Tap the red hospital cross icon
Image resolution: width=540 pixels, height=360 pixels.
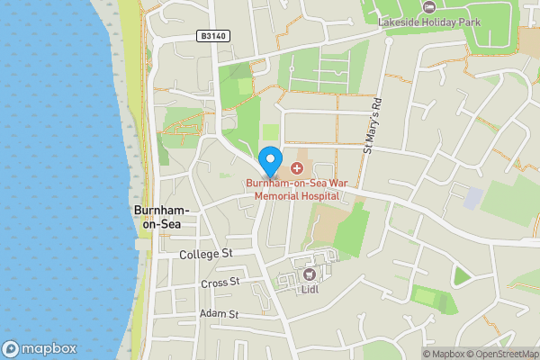click(296, 168)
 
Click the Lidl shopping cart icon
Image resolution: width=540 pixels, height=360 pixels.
click(310, 274)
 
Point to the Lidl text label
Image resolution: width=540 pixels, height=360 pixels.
click(310, 290)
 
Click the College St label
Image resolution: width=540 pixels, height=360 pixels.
click(206, 255)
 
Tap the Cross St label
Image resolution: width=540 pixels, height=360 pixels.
click(220, 283)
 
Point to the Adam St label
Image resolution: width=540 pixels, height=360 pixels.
click(219, 314)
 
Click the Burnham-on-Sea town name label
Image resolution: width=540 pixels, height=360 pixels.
click(156, 216)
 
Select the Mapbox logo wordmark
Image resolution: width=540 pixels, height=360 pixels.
click(49, 348)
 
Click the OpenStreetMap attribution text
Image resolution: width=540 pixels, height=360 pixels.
click(501, 354)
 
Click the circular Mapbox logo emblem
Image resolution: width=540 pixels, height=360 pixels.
click(11, 348)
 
